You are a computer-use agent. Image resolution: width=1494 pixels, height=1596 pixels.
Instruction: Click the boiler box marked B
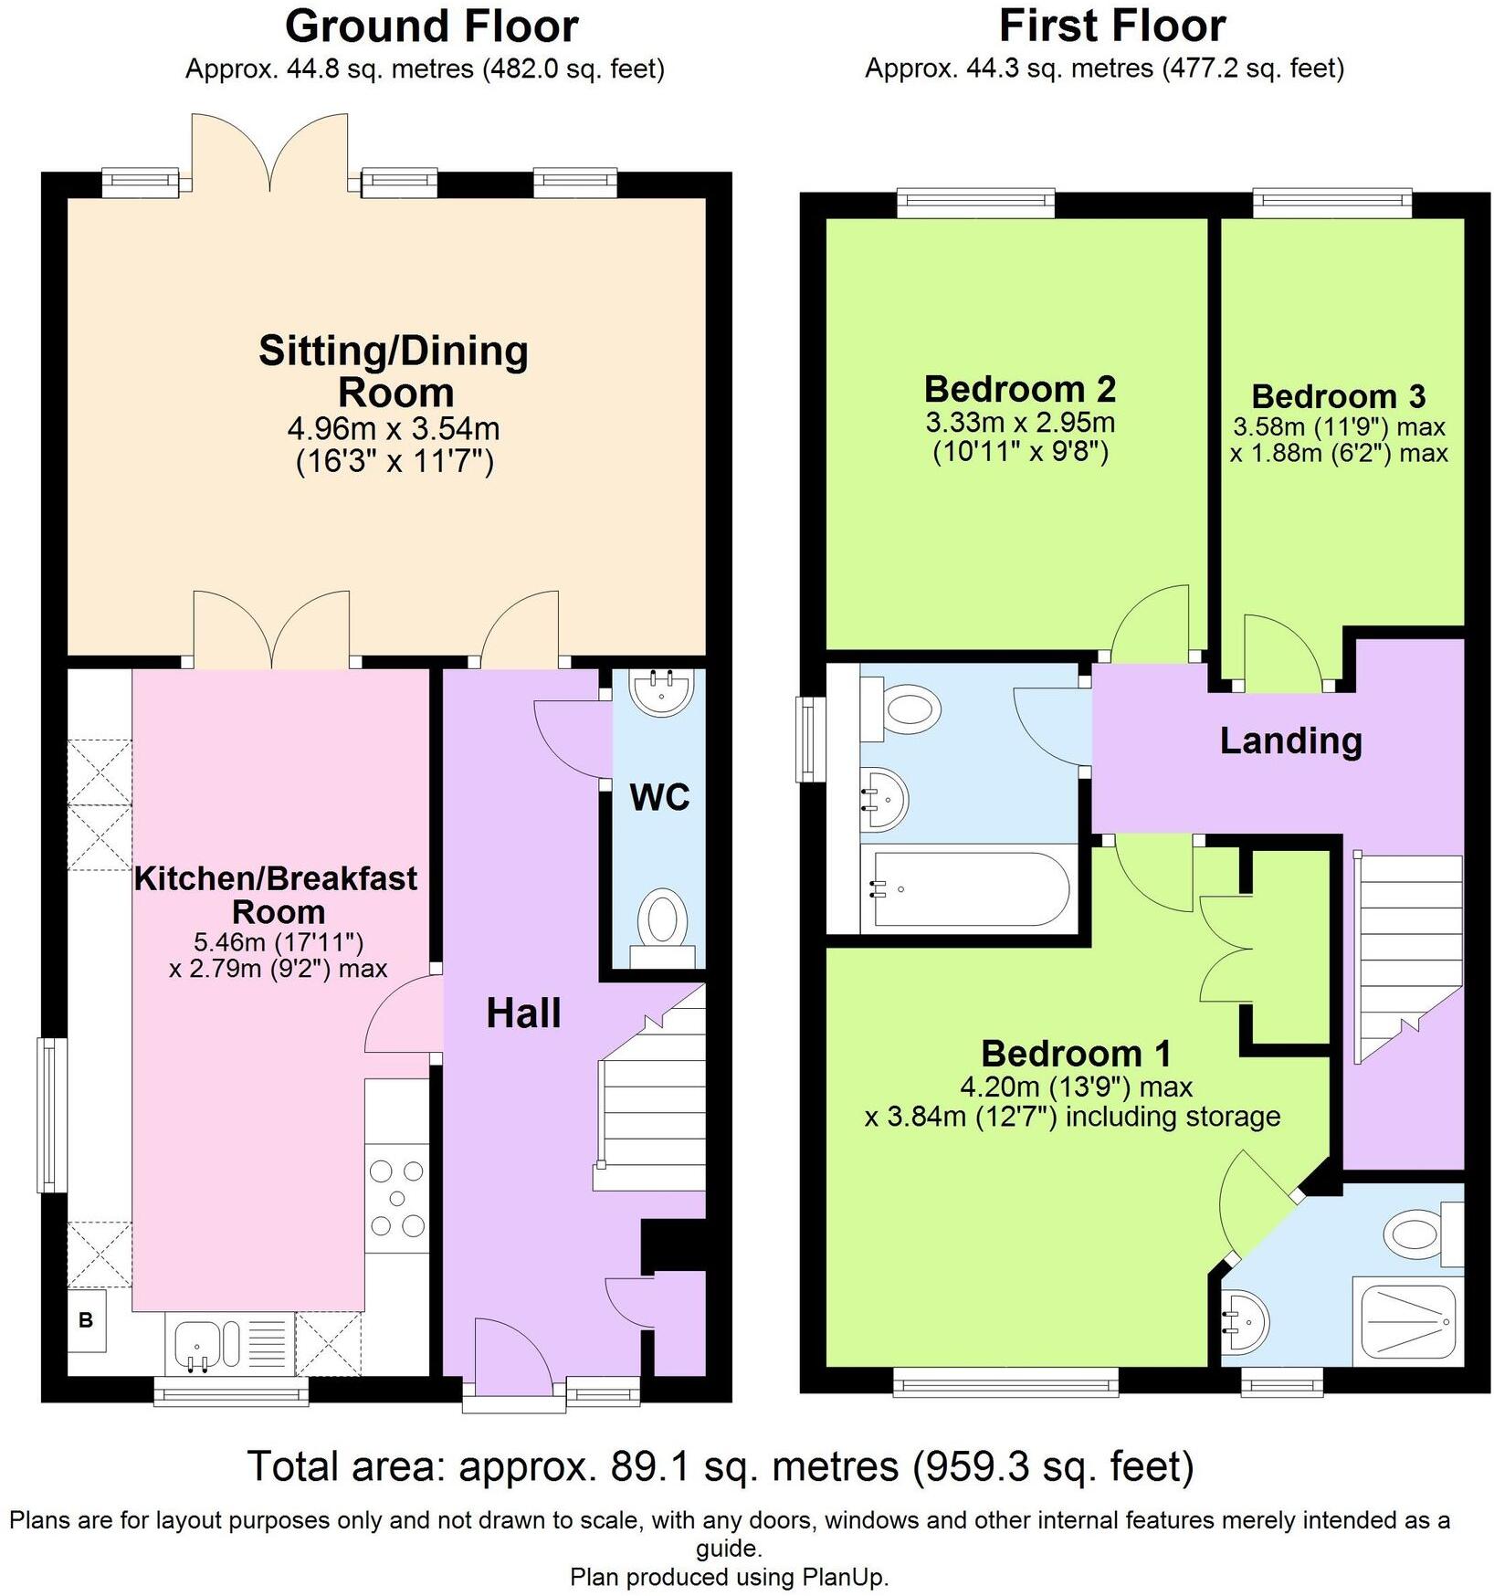pos(86,1320)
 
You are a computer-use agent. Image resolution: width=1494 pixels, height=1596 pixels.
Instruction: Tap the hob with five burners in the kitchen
pos(396,1198)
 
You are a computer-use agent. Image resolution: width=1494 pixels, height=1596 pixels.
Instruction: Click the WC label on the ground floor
pos(659,797)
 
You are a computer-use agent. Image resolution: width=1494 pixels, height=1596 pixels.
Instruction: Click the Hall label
pos(523,1013)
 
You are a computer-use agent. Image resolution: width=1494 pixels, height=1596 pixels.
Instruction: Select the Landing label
pos(1290,740)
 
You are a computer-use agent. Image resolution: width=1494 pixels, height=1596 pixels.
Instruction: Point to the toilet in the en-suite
pos(1420,1234)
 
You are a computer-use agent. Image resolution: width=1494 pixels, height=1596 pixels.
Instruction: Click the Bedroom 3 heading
pos(1338,396)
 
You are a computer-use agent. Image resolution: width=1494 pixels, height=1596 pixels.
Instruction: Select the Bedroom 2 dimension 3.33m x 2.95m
pos(1020,423)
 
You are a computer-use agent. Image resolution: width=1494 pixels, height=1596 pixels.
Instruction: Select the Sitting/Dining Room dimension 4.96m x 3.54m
pos(394,428)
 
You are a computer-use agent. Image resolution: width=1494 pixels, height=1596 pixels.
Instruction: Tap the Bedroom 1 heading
pos(1076,1054)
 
